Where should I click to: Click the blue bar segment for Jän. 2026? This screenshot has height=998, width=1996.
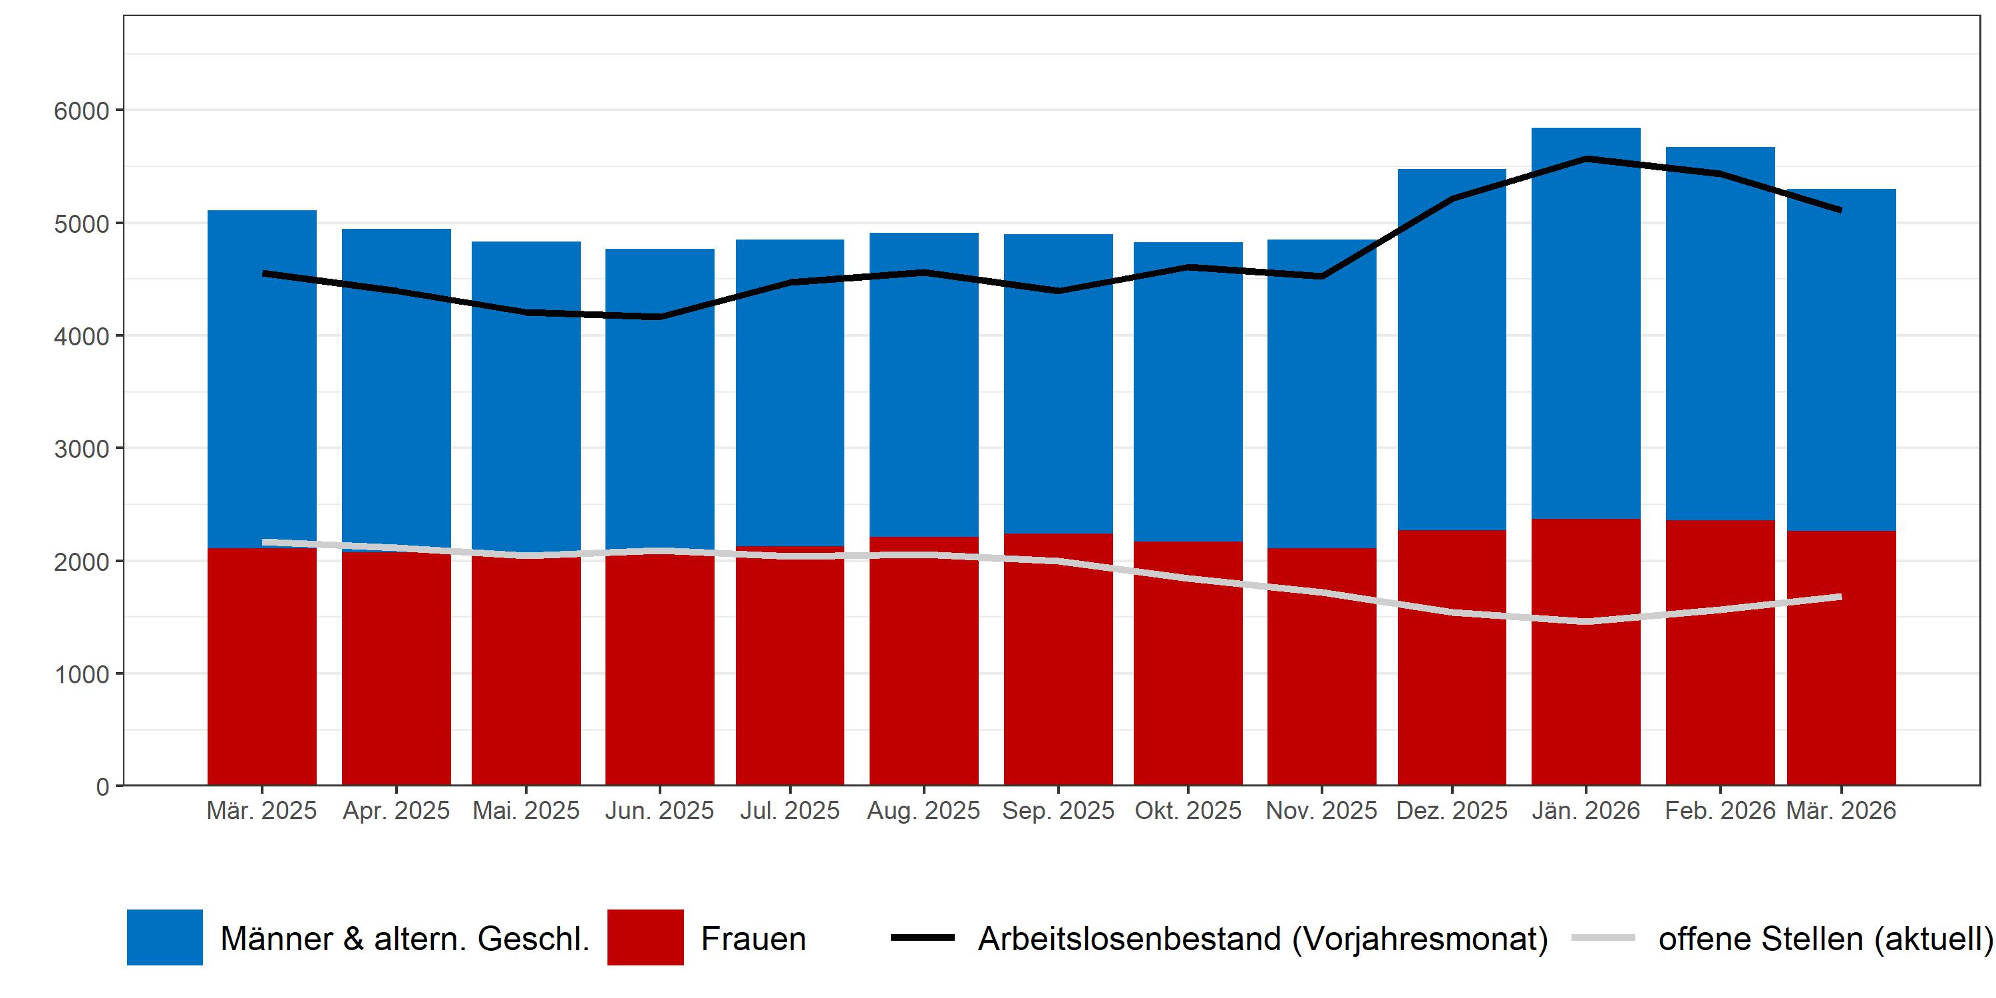1585,325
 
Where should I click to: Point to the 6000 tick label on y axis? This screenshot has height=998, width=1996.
81,111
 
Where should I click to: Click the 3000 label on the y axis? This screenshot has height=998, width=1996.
81,448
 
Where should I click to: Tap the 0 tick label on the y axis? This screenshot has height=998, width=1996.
102,786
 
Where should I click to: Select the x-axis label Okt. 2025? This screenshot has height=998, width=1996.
1188,810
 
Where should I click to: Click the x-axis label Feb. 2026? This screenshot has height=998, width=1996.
1719,810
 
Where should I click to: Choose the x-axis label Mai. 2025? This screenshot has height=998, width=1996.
526,810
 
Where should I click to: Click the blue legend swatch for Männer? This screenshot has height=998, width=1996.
165,937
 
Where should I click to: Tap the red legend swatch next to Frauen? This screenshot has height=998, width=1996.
645,937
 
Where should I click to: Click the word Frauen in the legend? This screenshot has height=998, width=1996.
753,938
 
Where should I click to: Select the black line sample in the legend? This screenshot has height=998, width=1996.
922,937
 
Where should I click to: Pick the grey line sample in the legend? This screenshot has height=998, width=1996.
1603,937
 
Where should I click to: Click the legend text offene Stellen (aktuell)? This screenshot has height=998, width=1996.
1825,938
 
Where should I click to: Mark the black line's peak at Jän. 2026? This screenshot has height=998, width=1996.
1586,159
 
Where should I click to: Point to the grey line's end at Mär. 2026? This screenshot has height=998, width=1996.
1840,597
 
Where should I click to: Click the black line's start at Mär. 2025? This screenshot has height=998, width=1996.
263,273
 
